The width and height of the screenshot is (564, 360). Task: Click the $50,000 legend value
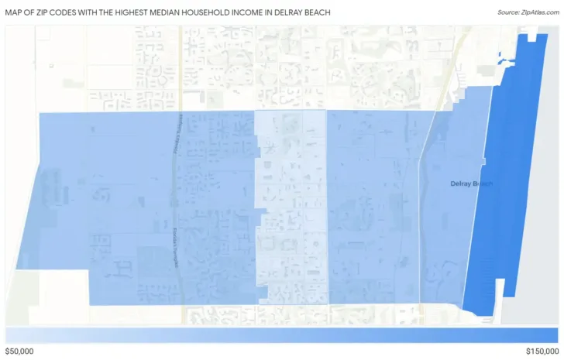(x=21, y=351)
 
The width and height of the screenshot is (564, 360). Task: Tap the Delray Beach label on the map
(x=471, y=183)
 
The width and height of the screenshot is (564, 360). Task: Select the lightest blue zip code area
(x=291, y=209)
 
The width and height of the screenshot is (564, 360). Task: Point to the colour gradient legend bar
(x=281, y=334)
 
